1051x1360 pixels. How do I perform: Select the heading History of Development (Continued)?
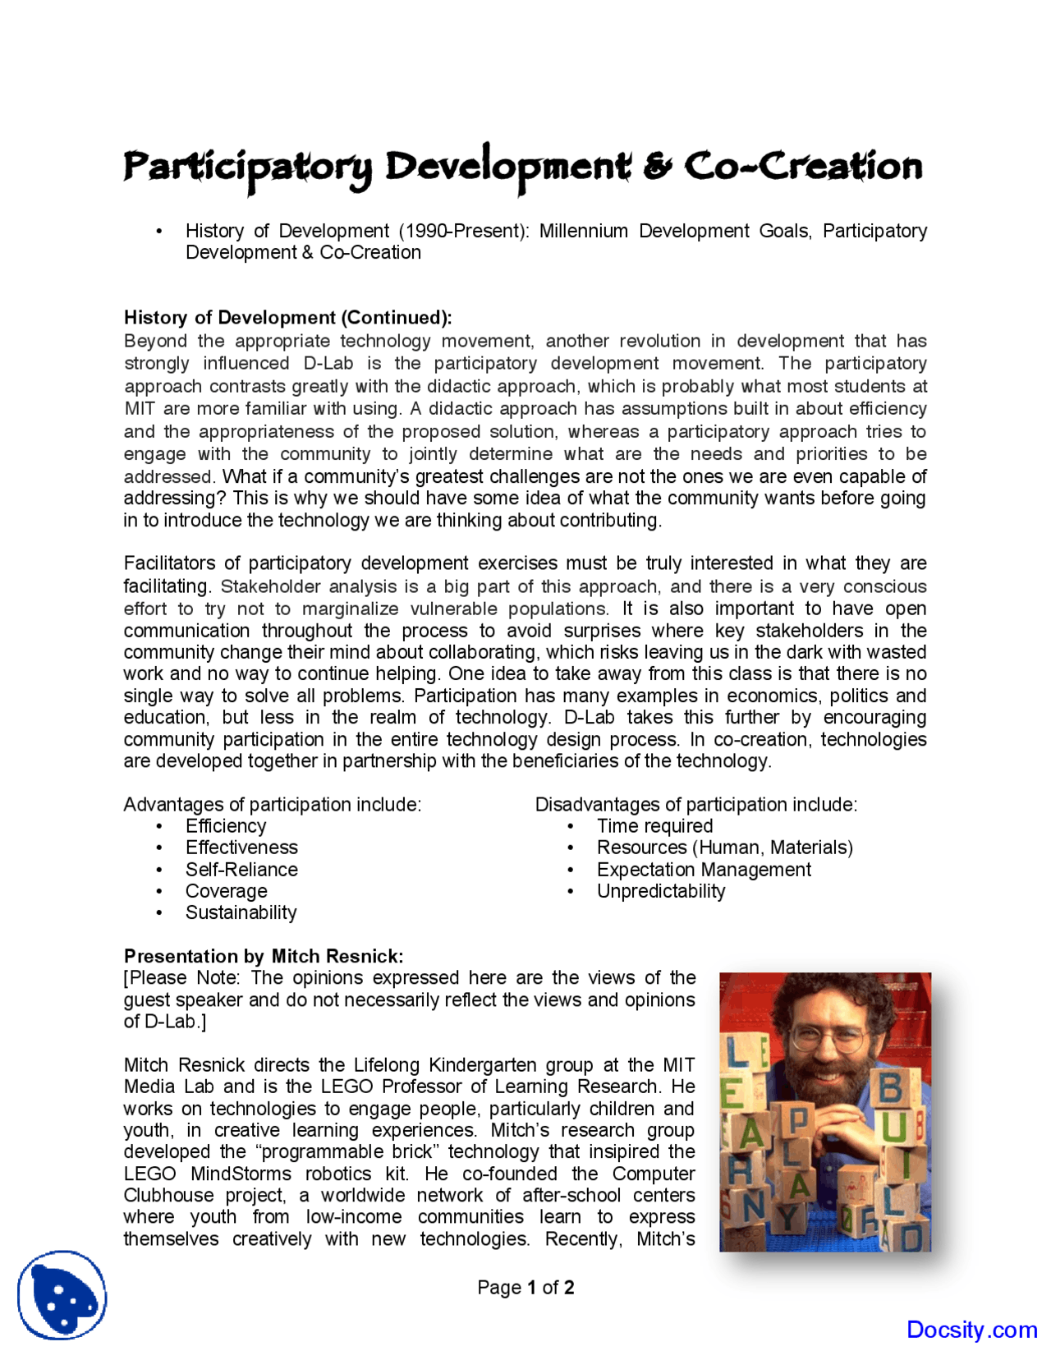[287, 318]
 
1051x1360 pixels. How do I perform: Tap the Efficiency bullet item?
[226, 826]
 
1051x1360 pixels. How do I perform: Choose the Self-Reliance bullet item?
[241, 870]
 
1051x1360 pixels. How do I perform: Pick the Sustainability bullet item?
[241, 913]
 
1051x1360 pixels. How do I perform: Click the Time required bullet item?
[654, 826]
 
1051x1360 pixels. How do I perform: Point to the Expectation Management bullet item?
[704, 870]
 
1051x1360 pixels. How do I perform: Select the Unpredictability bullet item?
[661, 892]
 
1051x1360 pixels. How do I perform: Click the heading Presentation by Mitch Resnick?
[264, 957]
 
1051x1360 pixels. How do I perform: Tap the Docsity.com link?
[971, 1330]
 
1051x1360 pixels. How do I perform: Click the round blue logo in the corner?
[62, 1295]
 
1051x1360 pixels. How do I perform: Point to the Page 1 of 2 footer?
[525, 1288]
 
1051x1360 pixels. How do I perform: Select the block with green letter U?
[895, 1128]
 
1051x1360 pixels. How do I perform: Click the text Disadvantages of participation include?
[696, 805]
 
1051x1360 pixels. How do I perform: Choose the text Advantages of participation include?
[273, 805]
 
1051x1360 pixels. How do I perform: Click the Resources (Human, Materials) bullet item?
[725, 848]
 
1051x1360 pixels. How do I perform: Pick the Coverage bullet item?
[226, 892]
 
